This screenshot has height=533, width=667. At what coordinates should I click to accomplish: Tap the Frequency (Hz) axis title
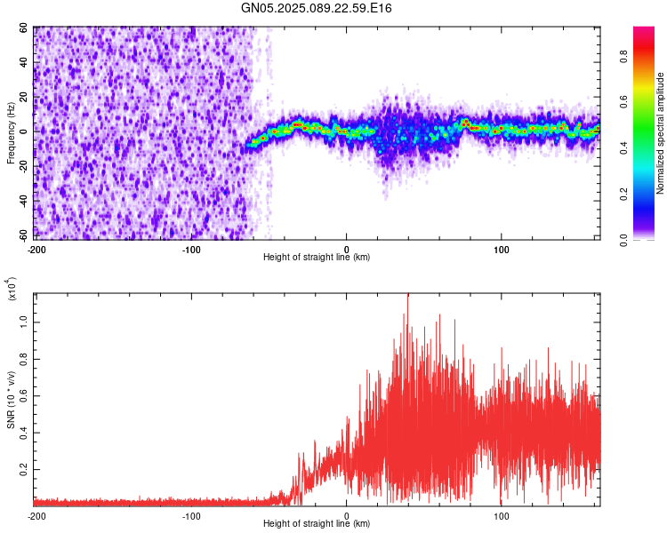(11, 132)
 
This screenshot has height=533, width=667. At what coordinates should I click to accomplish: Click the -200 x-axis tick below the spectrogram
(36, 248)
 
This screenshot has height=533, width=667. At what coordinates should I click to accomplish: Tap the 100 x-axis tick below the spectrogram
(502, 248)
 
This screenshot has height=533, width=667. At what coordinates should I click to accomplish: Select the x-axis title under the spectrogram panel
(317, 258)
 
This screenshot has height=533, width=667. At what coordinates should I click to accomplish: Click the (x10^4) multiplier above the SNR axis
(12, 290)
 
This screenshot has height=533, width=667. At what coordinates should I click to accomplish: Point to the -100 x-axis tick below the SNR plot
(191, 515)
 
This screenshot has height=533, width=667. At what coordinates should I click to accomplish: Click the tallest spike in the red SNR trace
(407, 296)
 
